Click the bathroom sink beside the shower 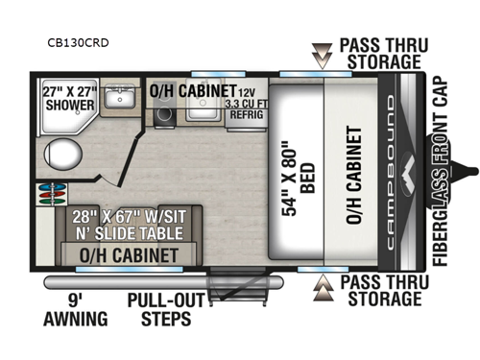[x=120, y=97]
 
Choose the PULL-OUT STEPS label [x=167, y=309]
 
